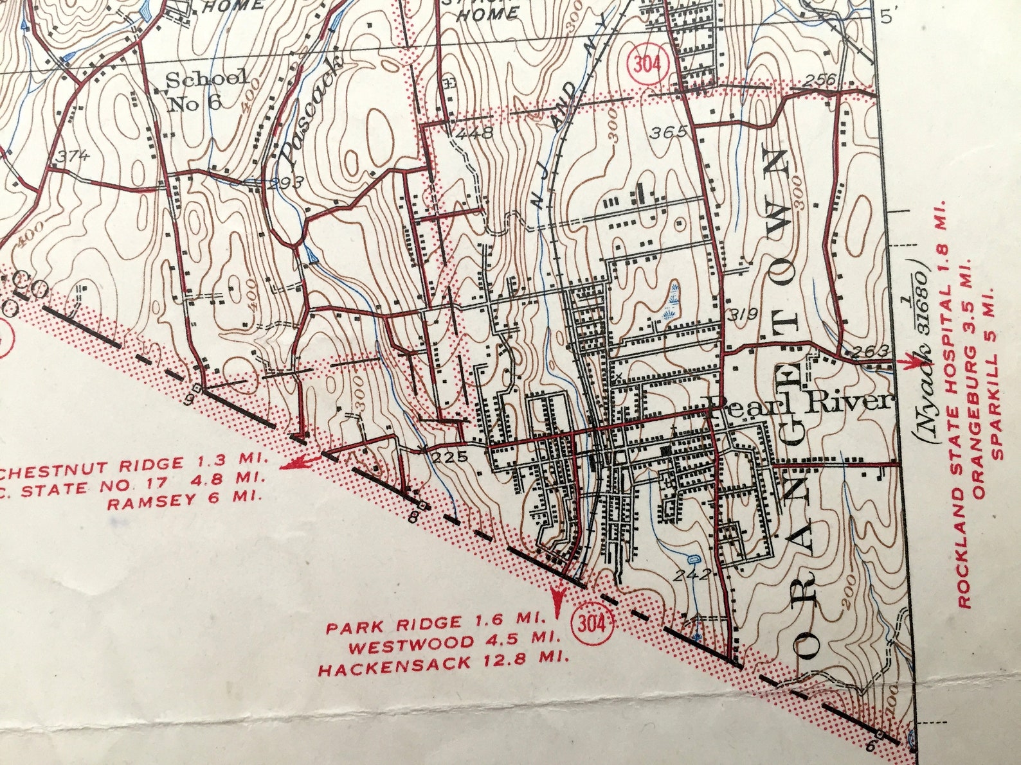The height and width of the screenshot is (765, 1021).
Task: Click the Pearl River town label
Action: pyautogui.click(x=800, y=402)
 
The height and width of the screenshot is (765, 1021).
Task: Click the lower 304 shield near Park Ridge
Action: pyautogui.click(x=592, y=622)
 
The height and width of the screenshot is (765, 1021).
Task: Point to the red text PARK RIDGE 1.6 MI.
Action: pyautogui.click(x=436, y=623)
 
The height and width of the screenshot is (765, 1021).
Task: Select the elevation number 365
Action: pyautogui.click(x=669, y=133)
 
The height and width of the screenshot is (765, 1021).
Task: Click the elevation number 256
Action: pyautogui.click(x=820, y=80)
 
